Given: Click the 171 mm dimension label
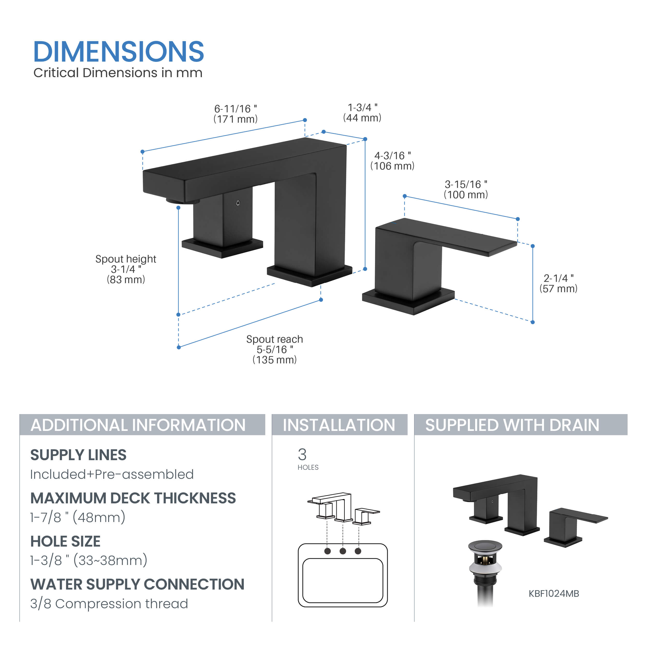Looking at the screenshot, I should [236, 114].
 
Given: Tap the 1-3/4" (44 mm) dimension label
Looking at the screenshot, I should [362, 113].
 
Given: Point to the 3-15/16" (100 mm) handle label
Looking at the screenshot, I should [466, 189].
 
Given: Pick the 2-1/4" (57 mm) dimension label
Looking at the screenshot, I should [558, 283].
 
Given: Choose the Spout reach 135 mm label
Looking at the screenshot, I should [275, 349].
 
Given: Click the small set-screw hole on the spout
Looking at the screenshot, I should [238, 203].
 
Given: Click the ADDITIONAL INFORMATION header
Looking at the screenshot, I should [138, 425].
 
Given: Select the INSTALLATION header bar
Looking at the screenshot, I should [339, 425].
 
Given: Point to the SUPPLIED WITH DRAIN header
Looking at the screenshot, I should [512, 425].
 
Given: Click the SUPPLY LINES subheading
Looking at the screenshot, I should [78, 455].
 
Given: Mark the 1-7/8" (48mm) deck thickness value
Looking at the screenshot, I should [78, 517].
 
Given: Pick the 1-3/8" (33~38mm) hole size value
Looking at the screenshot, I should [89, 560].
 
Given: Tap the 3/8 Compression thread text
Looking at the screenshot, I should [109, 604].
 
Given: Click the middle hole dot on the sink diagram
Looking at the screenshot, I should [343, 551].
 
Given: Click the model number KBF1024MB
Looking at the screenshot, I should [554, 593].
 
